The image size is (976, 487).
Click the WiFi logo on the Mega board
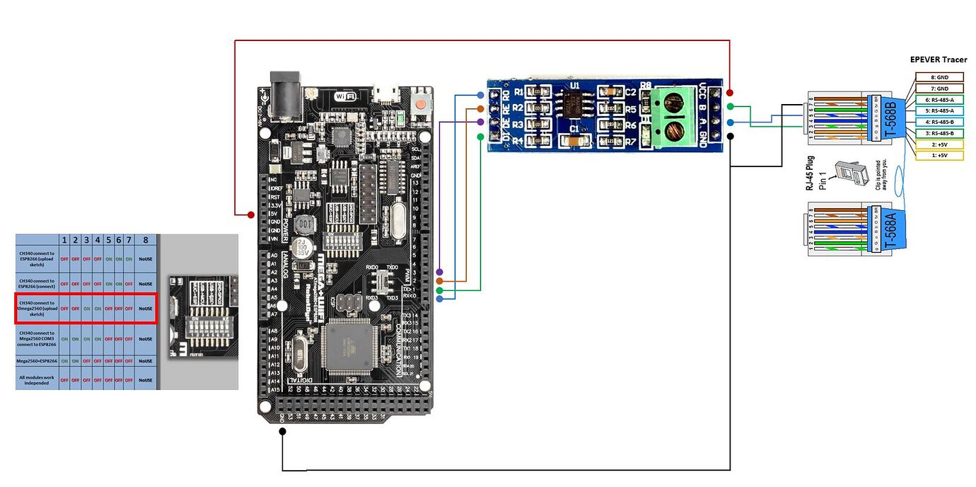pos(344,96)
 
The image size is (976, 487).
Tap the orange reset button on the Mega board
pos(422,103)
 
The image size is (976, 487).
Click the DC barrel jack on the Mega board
pos(286,90)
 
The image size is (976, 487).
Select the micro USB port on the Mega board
pos(386,93)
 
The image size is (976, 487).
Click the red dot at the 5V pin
pos(251,214)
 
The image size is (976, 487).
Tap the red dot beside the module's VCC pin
pos(729,93)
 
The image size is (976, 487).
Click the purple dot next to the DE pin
pos(480,122)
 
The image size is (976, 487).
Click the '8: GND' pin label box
pos(939,76)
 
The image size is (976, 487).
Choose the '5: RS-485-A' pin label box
pos(939,110)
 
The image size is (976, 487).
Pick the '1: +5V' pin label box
pos(939,155)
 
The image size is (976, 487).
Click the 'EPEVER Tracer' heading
pos(938,60)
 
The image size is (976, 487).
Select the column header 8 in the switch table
pos(146,240)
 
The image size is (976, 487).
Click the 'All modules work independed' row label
pos(37,379)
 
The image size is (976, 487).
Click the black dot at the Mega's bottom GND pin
pos(282,431)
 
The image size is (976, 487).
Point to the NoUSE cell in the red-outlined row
pos(146,309)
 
